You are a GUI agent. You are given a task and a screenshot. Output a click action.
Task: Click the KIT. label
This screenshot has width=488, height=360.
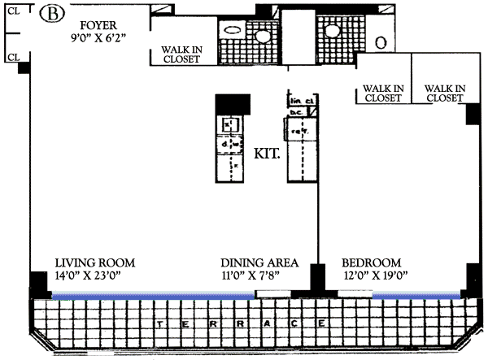tap(268, 153)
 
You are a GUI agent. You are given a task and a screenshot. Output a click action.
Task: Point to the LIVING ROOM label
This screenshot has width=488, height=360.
tap(95, 263)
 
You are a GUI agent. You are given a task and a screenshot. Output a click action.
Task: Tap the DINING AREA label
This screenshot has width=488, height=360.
tap(260, 263)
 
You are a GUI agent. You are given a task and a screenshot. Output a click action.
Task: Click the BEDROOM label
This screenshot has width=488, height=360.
tap(372, 263)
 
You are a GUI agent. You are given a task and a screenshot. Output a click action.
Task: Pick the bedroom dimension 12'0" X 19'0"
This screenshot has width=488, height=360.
tap(375, 276)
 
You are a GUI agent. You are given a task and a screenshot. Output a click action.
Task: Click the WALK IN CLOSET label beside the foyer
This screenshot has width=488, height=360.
tap(181, 54)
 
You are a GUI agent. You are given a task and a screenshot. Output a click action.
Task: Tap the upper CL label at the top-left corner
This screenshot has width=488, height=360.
tap(12, 12)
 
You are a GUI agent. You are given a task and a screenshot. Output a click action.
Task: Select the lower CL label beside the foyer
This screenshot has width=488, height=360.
tap(12, 57)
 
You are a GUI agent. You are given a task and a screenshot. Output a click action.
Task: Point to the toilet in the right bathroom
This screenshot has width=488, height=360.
tap(381, 41)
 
